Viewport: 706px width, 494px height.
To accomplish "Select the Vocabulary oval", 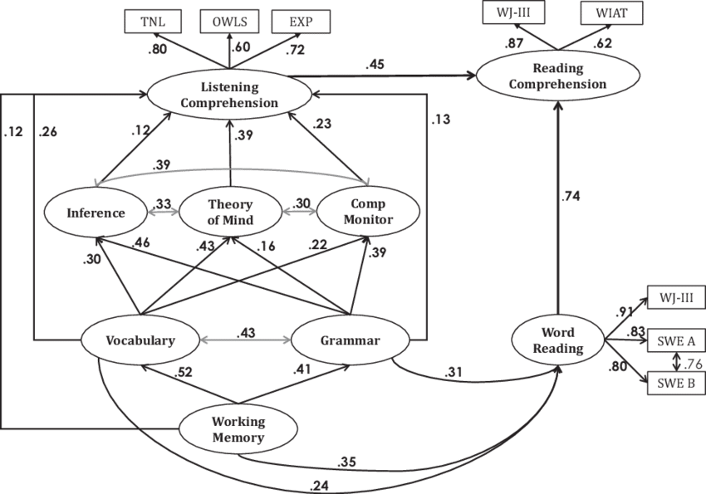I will point(139,340).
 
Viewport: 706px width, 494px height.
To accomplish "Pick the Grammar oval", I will point(350,340).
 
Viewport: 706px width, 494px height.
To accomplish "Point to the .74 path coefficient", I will point(572,196).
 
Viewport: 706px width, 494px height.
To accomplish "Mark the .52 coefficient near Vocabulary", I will point(185,373).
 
